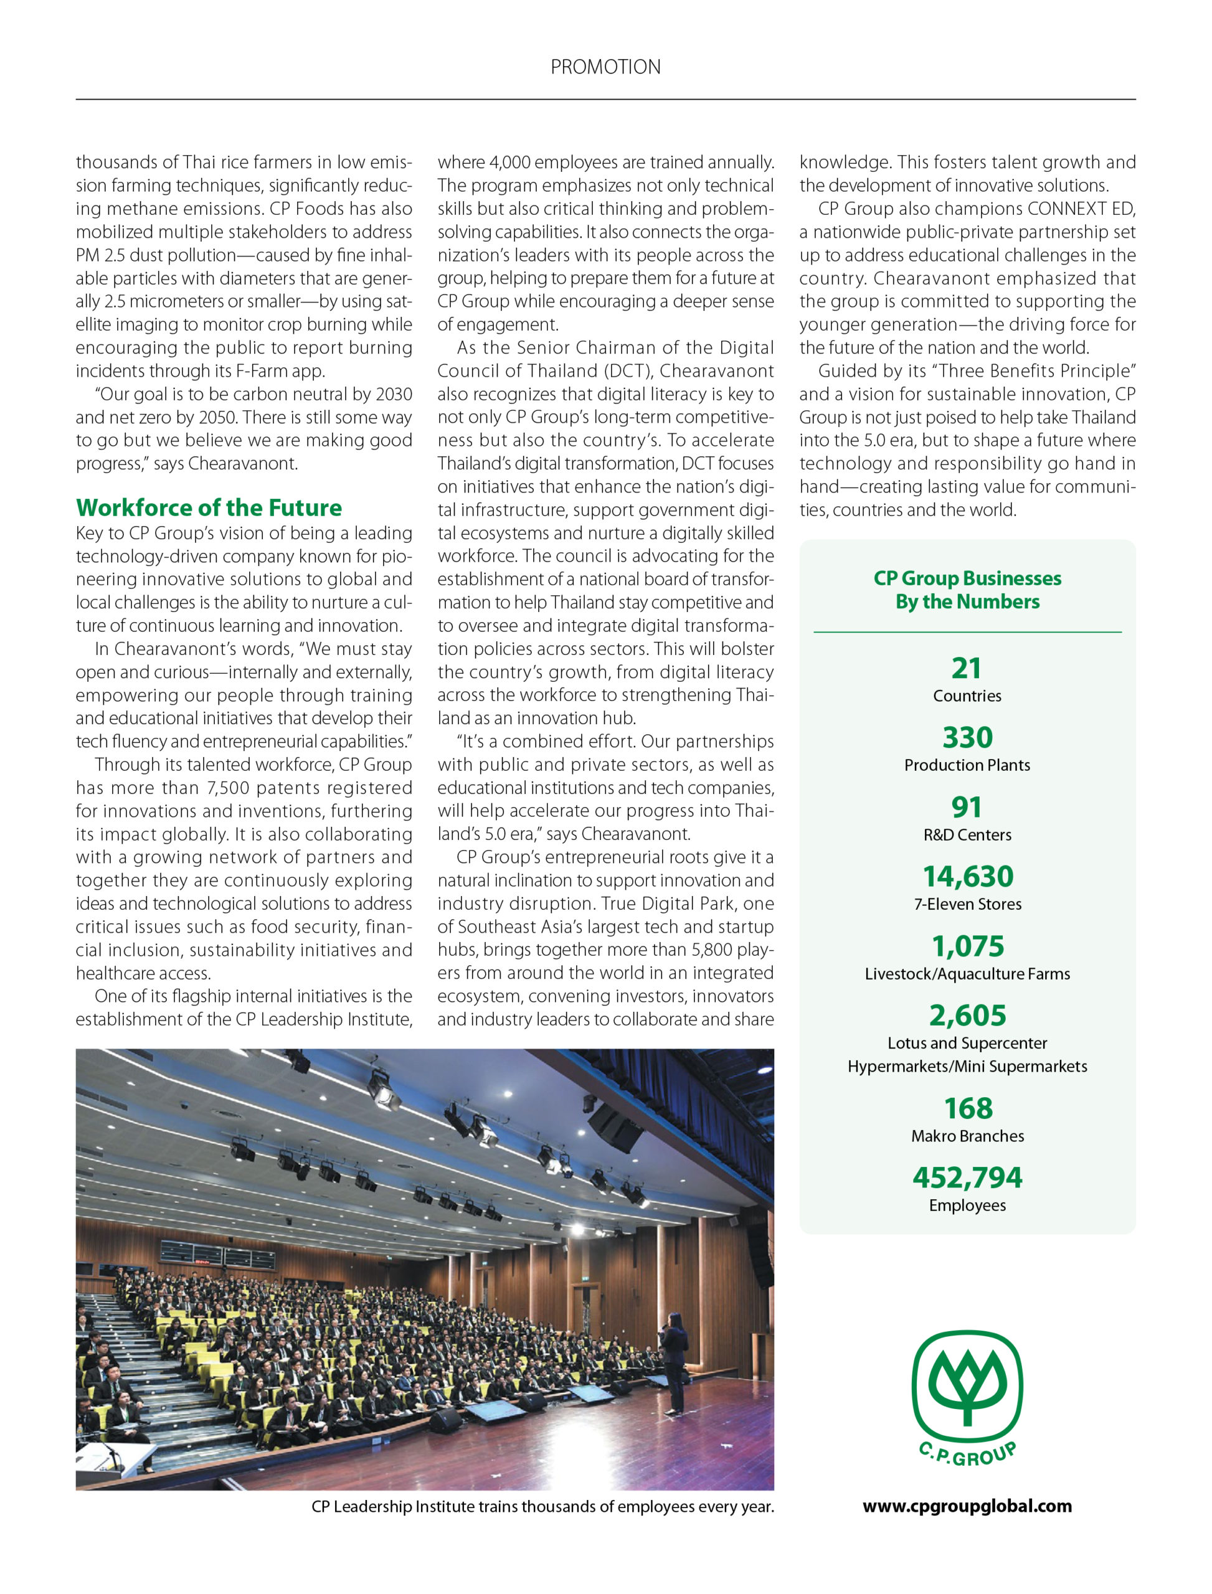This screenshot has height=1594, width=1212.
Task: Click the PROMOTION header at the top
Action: pos(605,67)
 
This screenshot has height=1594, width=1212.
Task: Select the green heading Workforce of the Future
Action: pos(209,507)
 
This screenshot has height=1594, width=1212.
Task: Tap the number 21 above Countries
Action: pos(967,669)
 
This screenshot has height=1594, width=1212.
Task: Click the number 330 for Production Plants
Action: pos(967,737)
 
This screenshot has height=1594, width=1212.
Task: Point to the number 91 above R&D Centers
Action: pos(967,807)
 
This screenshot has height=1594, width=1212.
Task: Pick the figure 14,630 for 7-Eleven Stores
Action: pos(967,876)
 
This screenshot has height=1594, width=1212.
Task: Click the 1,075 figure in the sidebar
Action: pos(967,946)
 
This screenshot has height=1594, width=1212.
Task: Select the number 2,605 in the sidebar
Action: pos(967,1016)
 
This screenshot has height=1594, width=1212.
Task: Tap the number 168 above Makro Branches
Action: pos(967,1108)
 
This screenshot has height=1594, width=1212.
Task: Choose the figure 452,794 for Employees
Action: pos(967,1178)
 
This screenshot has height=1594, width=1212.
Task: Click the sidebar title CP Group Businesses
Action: pos(967,578)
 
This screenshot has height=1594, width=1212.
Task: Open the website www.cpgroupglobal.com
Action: pos(967,1506)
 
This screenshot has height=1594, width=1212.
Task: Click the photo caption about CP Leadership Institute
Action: pos(542,1507)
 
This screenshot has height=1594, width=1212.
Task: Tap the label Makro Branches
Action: pos(967,1136)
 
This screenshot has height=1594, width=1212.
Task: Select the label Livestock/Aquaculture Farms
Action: pos(967,974)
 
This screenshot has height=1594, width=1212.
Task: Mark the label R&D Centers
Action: pos(967,834)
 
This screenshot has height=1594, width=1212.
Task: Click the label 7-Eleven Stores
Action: pos(967,903)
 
